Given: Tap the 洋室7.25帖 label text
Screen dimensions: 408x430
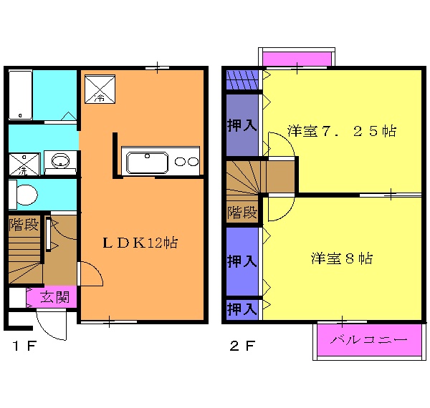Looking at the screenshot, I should (342, 132).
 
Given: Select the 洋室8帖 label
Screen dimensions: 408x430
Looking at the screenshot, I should (342, 258).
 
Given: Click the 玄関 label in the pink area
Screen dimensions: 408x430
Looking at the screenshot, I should (54, 297).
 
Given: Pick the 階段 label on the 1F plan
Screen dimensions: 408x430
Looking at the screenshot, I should (24, 225).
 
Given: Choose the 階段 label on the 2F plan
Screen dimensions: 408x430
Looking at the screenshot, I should (242, 213).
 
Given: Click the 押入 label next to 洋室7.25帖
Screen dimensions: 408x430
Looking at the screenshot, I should (242, 125).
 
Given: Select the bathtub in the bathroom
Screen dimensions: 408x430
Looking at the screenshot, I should (21, 94).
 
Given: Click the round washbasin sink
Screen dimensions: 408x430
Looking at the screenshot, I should (60, 159).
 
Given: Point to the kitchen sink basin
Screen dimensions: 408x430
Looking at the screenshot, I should (147, 161).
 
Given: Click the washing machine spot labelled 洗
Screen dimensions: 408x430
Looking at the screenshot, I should (24, 164).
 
